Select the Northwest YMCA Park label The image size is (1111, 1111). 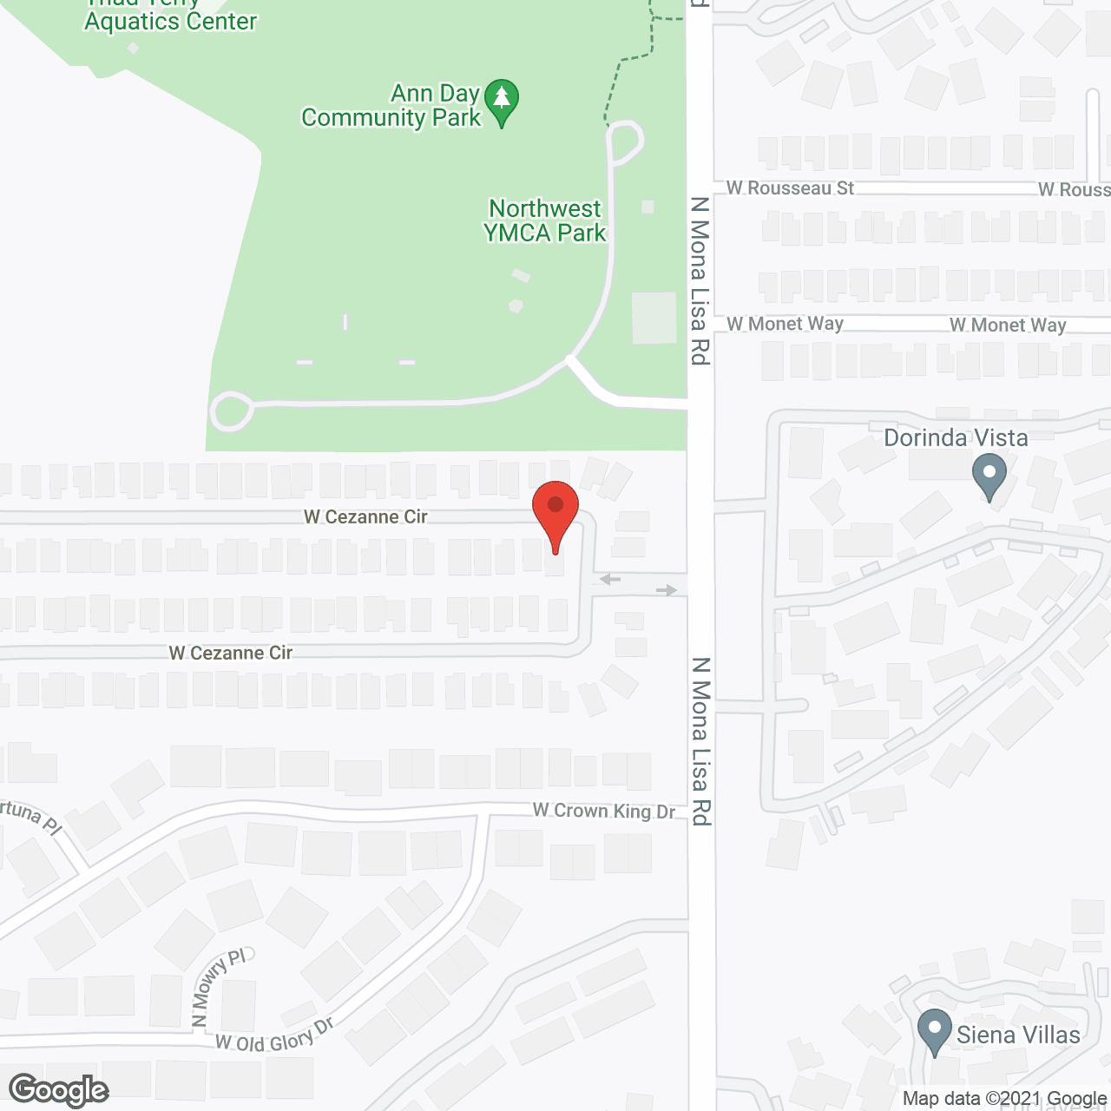point(544,220)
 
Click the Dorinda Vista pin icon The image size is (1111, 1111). point(989,476)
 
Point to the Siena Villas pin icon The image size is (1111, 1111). point(934,1030)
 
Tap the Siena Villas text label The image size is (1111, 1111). point(1018,1035)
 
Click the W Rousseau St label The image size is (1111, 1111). point(790,188)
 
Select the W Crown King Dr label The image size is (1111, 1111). point(603,811)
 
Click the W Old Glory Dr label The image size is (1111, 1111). point(274,1035)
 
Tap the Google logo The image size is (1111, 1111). point(59,1090)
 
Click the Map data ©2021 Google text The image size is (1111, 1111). point(1004,1099)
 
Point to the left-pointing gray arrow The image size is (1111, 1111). point(610,579)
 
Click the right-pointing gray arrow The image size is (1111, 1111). point(667,590)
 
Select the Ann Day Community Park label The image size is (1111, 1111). point(391,105)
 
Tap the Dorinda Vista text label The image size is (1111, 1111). point(956,437)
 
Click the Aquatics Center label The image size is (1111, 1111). point(171,22)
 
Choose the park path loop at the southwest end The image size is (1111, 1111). point(231,411)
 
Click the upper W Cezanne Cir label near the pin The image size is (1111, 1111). point(365,516)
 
